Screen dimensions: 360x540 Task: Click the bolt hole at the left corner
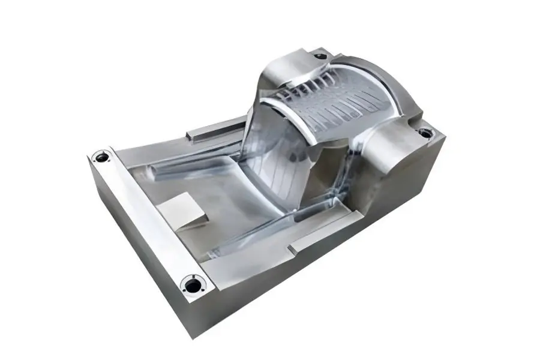(x=102, y=157)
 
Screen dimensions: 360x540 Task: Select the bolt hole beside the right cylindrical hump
(x=425, y=133)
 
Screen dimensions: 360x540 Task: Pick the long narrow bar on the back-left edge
(x=216, y=128)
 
